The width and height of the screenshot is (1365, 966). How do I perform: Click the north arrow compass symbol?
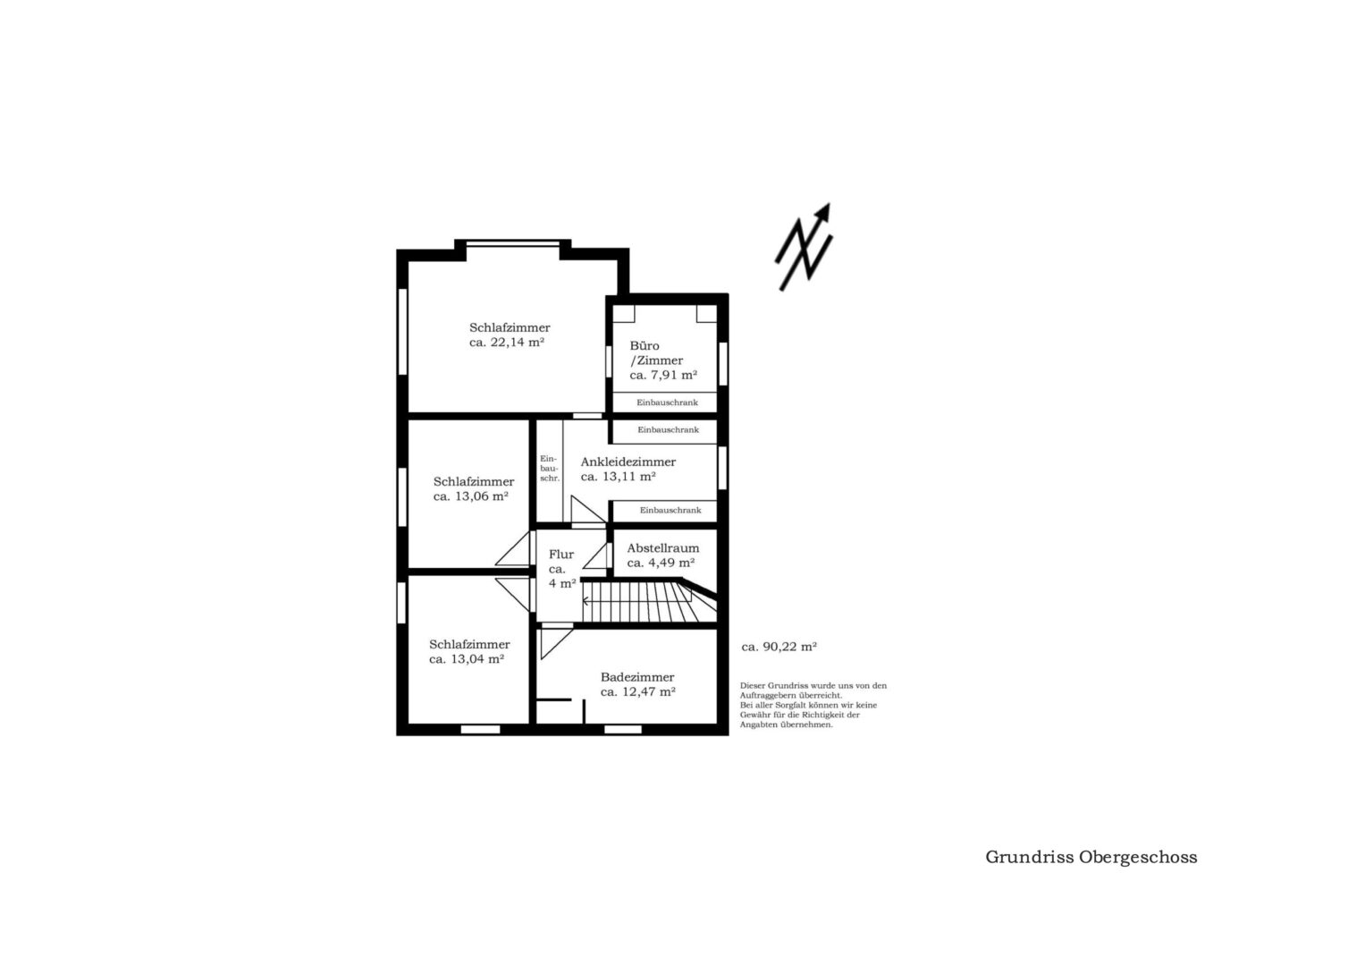tap(803, 248)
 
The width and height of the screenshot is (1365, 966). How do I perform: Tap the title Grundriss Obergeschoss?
tap(1091, 857)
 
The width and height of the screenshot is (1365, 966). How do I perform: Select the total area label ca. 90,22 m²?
tap(779, 647)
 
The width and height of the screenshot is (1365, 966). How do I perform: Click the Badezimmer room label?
tap(637, 677)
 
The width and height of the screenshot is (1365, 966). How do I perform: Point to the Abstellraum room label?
tap(663, 548)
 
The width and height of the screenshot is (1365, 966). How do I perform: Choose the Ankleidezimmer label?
tap(628, 462)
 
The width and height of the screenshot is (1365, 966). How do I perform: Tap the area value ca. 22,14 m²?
tap(506, 343)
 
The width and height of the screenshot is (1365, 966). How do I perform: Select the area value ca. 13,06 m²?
tap(470, 496)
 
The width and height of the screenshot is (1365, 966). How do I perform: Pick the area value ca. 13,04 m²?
tap(466, 659)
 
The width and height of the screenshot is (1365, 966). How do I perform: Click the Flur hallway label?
tap(561, 555)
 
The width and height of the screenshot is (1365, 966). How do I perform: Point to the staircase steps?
tap(649, 601)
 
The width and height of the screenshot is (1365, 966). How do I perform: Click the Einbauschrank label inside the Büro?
tap(667, 402)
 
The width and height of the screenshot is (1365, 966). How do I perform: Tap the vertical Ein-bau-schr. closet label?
tap(549, 469)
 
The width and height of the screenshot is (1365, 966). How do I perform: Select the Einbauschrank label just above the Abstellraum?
tap(670, 511)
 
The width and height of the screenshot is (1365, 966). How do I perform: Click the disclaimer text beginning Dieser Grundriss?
tap(813, 705)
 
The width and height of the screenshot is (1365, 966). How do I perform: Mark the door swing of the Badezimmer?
tap(556, 643)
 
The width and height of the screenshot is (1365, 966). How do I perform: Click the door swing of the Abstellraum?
tap(595, 556)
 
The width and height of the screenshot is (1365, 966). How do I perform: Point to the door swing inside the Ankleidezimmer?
tap(587, 510)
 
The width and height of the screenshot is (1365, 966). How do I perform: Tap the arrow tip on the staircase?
tap(584, 601)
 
